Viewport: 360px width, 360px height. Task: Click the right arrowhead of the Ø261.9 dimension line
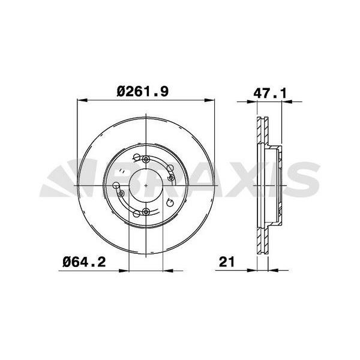coord(212,101)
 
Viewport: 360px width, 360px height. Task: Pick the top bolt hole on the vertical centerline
coord(147,158)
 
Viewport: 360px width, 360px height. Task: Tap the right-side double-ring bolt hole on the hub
coord(171,178)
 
